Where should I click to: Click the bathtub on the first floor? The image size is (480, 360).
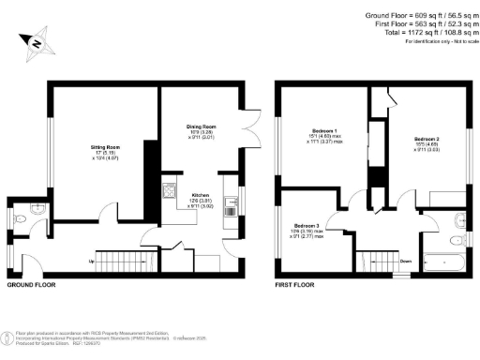437,260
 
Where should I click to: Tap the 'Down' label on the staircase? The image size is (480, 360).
405,262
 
